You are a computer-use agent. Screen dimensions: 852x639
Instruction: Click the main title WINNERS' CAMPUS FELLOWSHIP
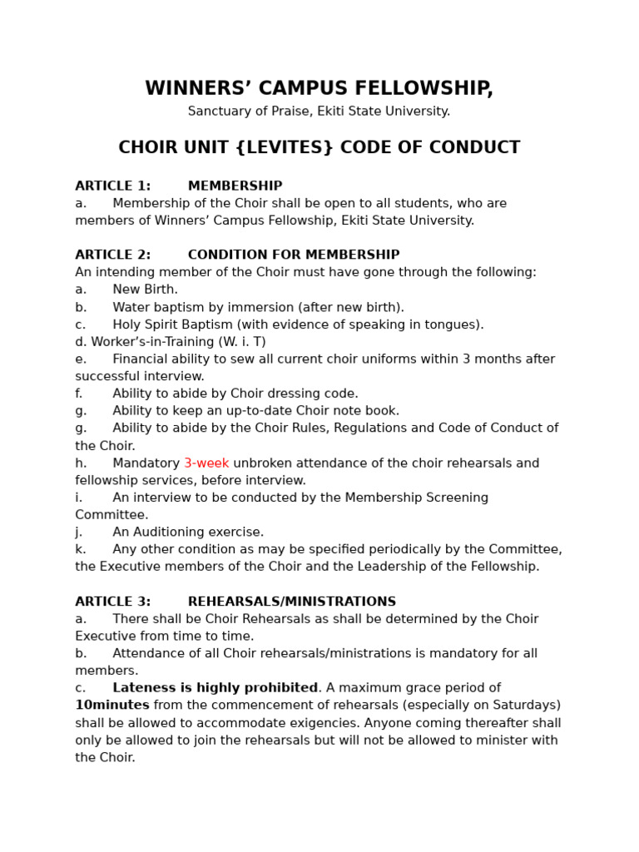[319, 89]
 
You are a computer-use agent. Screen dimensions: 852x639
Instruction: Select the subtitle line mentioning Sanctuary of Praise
[319, 111]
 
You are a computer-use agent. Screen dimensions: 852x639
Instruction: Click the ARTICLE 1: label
[113, 186]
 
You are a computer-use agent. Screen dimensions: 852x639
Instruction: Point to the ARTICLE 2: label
[113, 255]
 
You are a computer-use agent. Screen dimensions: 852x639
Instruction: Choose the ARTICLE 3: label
[113, 602]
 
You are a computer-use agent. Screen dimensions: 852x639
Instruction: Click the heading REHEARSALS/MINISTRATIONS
[292, 602]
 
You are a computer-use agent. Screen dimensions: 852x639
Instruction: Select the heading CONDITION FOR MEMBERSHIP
[294, 255]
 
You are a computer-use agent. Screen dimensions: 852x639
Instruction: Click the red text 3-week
[206, 463]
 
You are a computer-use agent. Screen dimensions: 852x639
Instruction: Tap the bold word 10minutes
[112, 706]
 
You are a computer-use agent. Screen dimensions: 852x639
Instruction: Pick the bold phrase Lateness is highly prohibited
[215, 688]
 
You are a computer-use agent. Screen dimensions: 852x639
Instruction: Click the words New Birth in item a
[146, 290]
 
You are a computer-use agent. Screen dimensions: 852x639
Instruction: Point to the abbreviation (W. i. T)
[242, 342]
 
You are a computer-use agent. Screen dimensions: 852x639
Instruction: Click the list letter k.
[78, 549]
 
